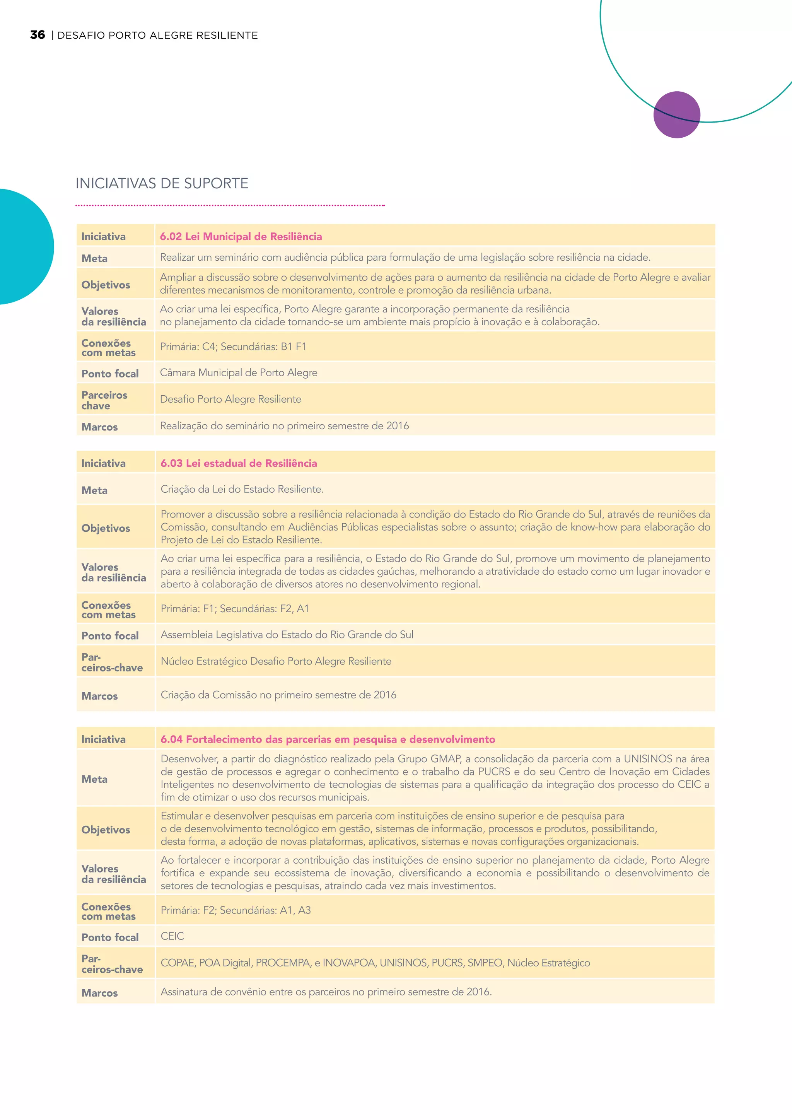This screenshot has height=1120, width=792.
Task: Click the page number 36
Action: click(38, 35)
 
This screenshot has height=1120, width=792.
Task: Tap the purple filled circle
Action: click(676, 114)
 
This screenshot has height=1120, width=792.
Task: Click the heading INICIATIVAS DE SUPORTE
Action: click(162, 183)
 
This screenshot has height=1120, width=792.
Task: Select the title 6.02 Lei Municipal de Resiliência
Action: click(241, 237)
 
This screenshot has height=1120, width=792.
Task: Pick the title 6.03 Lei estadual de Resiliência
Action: click(239, 463)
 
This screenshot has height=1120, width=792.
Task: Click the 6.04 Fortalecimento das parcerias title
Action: click(328, 739)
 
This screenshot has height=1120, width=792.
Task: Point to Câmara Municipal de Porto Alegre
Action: click(239, 373)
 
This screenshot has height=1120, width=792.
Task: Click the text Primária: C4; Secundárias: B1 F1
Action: click(233, 347)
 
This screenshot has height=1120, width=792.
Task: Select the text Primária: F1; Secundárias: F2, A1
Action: click(235, 609)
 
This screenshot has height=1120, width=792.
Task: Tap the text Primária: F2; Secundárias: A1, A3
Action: click(236, 910)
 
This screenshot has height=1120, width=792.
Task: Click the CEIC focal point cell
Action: click(172, 936)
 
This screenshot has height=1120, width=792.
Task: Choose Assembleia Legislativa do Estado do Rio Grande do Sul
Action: click(287, 635)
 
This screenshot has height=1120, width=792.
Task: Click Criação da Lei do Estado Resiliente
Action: click(242, 489)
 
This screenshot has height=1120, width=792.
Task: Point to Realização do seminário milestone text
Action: click(284, 426)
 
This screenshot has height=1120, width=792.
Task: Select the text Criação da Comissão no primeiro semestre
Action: click(278, 695)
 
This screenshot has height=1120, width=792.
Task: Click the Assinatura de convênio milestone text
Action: click(326, 992)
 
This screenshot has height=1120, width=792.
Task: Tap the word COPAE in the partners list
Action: click(177, 963)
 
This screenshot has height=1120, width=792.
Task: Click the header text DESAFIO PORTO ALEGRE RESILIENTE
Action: click(157, 35)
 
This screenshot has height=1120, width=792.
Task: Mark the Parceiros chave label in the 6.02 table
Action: click(104, 400)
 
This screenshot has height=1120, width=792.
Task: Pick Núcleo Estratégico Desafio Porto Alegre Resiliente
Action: click(276, 661)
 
